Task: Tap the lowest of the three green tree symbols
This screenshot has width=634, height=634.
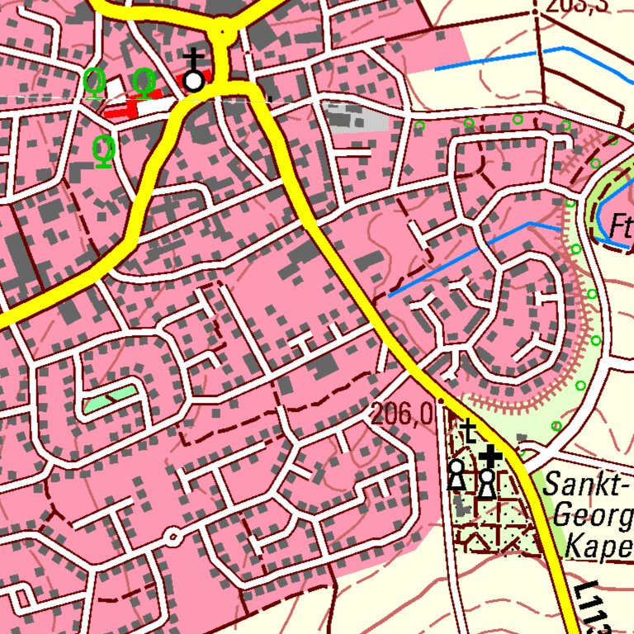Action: coord(103,151)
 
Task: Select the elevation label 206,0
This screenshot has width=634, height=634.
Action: coord(402,414)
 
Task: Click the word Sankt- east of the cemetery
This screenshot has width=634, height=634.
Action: coord(587,485)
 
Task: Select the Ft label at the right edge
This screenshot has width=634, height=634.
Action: coord(620,225)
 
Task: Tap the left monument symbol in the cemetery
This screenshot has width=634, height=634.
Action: coord(456,475)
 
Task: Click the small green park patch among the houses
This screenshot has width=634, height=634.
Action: coord(110,399)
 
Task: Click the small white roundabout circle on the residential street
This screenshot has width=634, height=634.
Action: coord(173,537)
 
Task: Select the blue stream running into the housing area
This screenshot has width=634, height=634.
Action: coord(462,256)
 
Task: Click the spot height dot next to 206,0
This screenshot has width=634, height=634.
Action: coord(440,401)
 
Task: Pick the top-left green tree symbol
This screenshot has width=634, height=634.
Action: coord(95,81)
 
